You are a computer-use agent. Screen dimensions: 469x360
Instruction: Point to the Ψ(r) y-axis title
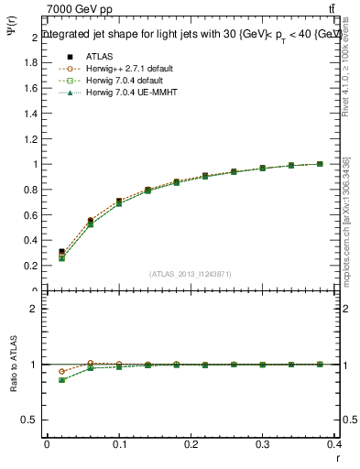(x=12, y=35)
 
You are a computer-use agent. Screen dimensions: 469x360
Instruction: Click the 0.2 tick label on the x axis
(x=190, y=445)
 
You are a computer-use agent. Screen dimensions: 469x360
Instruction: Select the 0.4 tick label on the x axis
(x=334, y=445)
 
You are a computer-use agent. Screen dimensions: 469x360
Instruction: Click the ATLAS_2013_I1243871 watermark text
(x=190, y=274)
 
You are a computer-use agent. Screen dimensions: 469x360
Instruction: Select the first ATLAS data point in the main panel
(x=61, y=252)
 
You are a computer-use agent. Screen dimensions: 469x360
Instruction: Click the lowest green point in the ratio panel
(x=61, y=380)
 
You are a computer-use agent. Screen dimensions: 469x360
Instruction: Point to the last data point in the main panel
(x=320, y=164)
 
